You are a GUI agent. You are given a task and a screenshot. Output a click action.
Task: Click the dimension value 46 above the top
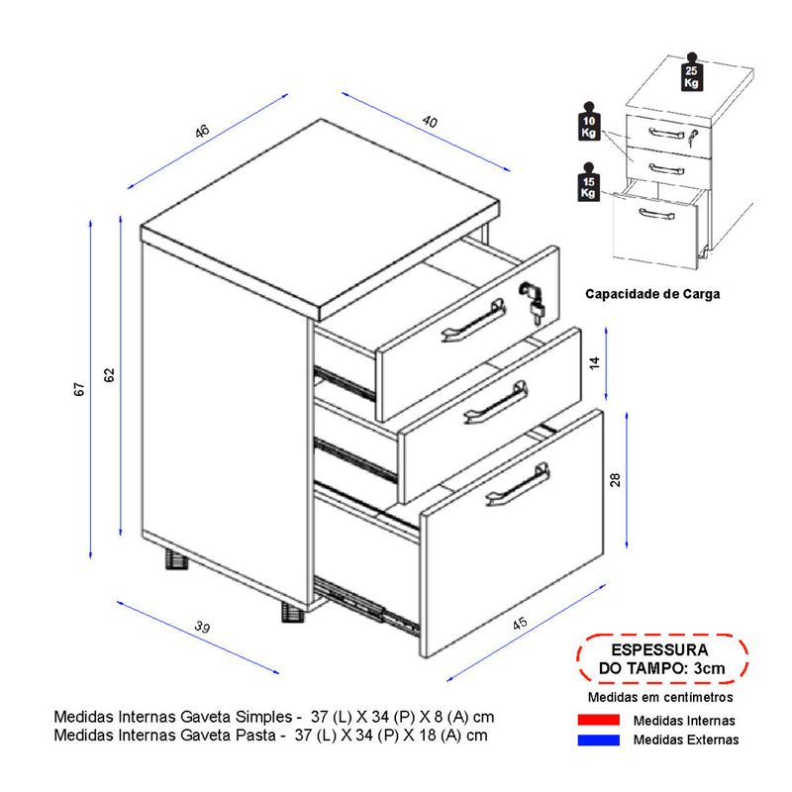pos(202,131)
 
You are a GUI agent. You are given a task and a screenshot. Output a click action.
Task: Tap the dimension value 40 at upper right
pos(430,121)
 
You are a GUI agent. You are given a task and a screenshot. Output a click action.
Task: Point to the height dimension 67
pos(80,389)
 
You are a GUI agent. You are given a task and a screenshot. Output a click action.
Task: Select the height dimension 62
pos(110,375)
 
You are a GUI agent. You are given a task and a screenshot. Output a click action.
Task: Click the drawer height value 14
pos(595,362)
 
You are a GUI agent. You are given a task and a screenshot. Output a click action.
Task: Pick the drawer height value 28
pos(615,479)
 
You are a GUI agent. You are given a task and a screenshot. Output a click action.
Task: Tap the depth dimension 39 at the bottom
pos(202,627)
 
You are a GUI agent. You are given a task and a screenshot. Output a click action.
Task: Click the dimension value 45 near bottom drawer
pos(520,624)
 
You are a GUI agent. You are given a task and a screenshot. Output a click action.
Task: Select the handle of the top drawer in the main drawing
pos(474,320)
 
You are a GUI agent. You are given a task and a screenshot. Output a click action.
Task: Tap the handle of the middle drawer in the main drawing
pos(496,402)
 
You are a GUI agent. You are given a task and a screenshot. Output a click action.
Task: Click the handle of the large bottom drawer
pos(518,484)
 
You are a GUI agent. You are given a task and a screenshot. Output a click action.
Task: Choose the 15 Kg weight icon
pos(588,182)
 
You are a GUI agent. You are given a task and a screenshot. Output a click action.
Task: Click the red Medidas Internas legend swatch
pos(599,720)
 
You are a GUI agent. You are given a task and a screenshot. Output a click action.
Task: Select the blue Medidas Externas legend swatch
pos(599,740)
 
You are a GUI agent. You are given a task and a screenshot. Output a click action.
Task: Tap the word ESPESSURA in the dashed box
pos(659,649)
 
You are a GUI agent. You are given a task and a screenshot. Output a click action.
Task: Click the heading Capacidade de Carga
pos(652,294)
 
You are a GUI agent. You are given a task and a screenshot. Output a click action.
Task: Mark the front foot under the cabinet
pos(292,612)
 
